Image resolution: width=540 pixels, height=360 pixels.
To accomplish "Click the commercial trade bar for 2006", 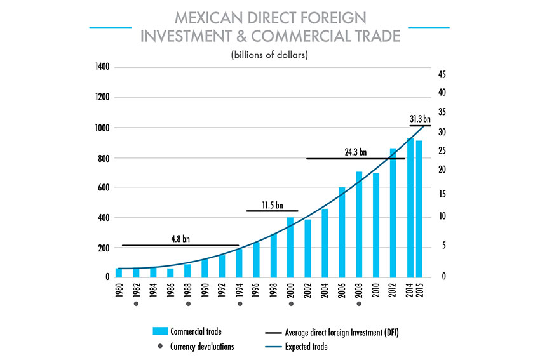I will coord(342,232).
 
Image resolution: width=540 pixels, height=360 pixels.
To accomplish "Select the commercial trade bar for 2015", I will coord(419,209).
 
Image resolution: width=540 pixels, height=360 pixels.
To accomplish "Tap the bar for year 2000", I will coord(290,247).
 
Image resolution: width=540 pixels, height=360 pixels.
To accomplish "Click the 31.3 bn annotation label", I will coord(419,119).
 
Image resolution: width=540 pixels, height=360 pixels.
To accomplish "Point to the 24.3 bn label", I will coord(356,152).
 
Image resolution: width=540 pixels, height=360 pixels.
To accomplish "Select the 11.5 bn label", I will coord(272,205).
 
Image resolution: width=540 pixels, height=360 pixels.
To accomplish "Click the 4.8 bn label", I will coord(180,239).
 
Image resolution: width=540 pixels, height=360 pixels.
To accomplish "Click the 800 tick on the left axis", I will coord(104,158).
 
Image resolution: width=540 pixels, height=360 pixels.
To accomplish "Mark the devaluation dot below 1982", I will coord(136,303).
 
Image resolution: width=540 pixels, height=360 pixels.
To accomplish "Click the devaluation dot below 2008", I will coord(359,303).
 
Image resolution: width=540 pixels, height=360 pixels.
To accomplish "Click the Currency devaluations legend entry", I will coord(194,346).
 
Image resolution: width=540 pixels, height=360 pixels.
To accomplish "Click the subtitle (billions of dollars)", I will coord(270,55).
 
